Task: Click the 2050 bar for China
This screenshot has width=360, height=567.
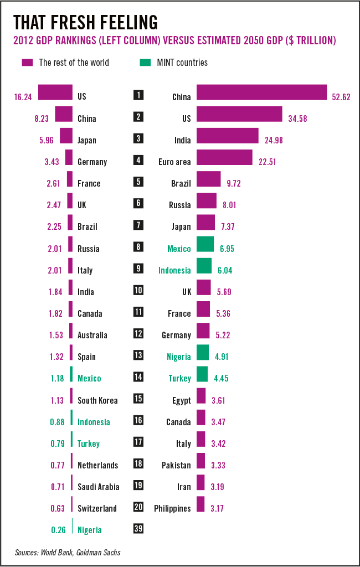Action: pyautogui.click(x=261, y=92)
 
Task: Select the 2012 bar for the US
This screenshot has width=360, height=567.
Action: pyautogui.click(x=55, y=92)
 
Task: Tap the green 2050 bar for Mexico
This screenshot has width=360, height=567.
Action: pyautogui.click(x=205, y=244)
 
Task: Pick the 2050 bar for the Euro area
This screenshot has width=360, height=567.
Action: pyautogui.click(x=224, y=158)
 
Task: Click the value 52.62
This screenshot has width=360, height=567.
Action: pyautogui.click(x=342, y=97)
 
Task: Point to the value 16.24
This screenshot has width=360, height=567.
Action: pyautogui.click(x=23, y=96)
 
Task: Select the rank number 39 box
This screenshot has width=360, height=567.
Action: pyautogui.click(x=138, y=528)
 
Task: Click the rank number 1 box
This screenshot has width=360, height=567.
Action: pyautogui.click(x=138, y=95)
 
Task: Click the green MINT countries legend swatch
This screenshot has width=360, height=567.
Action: pyautogui.click(x=145, y=62)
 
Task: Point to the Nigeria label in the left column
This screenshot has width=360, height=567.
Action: pyautogui.click(x=90, y=530)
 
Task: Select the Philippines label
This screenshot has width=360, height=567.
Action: pyautogui.click(x=172, y=508)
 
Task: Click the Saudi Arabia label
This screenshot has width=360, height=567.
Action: pyautogui.click(x=98, y=487)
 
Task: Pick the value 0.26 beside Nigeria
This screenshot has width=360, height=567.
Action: pyautogui.click(x=58, y=530)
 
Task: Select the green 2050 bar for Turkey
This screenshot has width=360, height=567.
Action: pyautogui.click(x=202, y=374)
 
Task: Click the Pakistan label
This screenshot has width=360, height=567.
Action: pyautogui.click(x=176, y=465)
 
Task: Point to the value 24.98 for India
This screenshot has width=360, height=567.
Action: pyautogui.click(x=274, y=140)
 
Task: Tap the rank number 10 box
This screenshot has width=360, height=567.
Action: pyautogui.click(x=138, y=290)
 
